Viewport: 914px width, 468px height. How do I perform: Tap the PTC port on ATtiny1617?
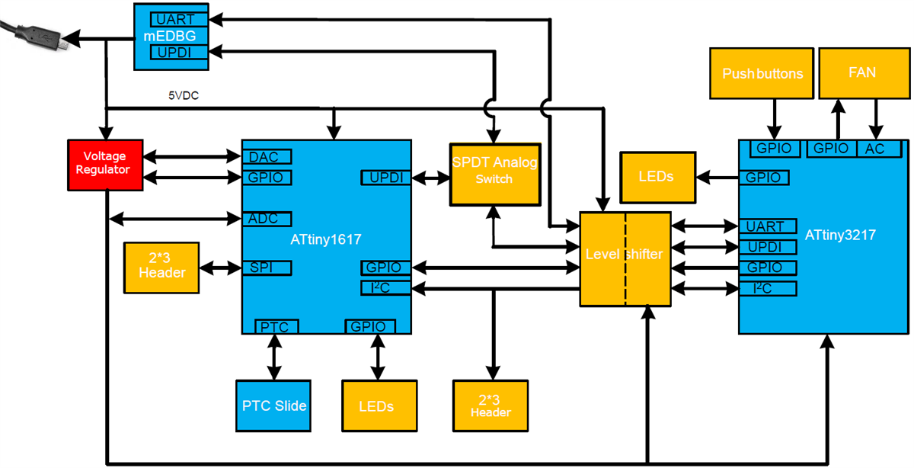point(276,327)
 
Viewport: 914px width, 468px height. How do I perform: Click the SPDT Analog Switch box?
point(494,172)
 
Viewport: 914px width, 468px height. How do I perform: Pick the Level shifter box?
point(625,258)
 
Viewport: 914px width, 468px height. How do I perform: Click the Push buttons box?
point(762,73)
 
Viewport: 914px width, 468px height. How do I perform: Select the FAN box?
point(861,73)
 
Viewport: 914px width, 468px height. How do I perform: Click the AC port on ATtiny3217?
point(875,149)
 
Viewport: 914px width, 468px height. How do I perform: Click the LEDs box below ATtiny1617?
point(376,405)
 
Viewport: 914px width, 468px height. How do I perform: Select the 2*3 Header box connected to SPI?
point(161,268)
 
